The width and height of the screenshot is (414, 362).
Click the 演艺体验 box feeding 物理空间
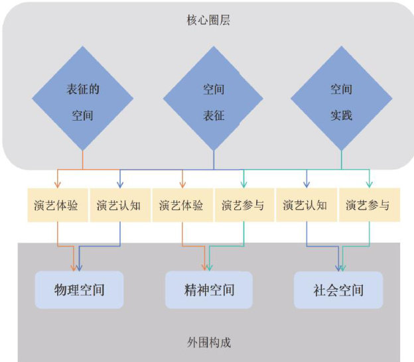click(56, 205)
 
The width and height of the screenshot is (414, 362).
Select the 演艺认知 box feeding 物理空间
click(119, 205)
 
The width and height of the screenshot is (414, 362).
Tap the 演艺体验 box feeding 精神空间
click(181, 205)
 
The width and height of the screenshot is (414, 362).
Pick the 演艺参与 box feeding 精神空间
click(243, 205)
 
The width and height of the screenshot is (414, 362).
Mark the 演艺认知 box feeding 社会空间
click(305, 205)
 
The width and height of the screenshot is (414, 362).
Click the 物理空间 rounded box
click(80, 290)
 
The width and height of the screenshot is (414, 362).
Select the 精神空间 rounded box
click(209, 290)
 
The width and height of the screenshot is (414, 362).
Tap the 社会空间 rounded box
click(338, 290)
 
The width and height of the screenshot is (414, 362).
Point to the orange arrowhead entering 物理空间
click(74, 267)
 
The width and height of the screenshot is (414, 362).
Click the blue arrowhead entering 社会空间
click(338, 267)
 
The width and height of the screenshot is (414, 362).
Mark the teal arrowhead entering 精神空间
click(210, 267)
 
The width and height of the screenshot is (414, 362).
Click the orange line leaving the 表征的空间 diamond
click(83, 160)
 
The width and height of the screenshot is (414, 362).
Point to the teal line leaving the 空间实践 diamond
click(342, 160)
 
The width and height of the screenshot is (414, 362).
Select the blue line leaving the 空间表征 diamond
click(214, 160)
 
